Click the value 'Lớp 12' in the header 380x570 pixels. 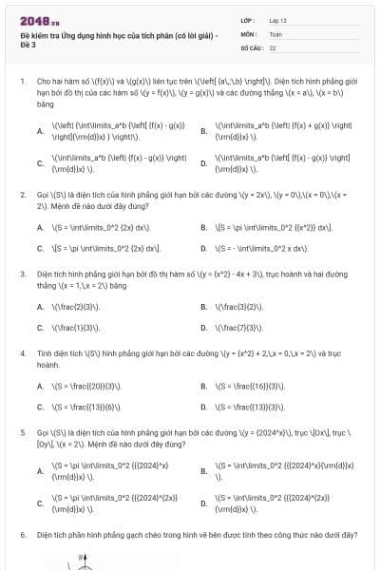(277, 19)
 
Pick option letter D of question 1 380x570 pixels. (203, 163)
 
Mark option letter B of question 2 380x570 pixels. (203, 228)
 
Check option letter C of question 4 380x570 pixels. (40, 407)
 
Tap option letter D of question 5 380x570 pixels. (203, 503)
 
